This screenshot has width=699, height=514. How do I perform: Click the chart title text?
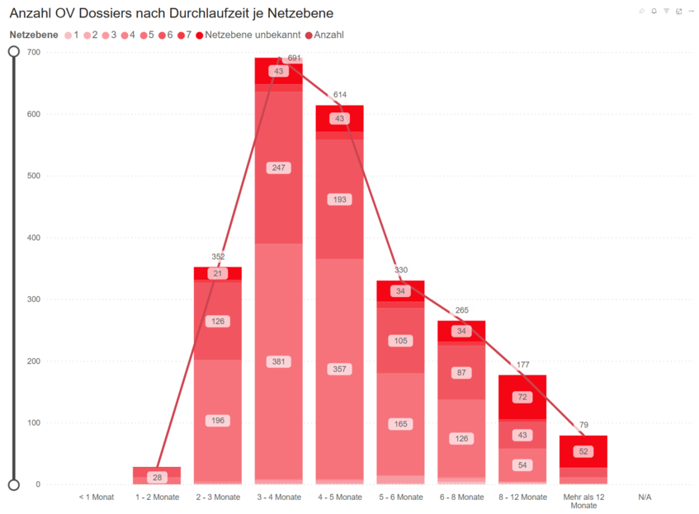(x=172, y=14)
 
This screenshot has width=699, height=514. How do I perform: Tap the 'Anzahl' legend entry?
(x=328, y=35)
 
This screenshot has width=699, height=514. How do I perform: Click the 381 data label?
(x=278, y=361)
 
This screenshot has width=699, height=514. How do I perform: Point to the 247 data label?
(x=278, y=167)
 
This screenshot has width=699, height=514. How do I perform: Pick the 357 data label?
(x=339, y=369)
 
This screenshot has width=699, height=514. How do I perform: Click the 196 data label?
(x=218, y=421)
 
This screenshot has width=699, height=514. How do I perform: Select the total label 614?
(x=340, y=95)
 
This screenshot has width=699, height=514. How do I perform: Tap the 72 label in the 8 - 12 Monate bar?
(x=522, y=397)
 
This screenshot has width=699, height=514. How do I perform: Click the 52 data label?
(x=583, y=451)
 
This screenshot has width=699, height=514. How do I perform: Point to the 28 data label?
(x=157, y=478)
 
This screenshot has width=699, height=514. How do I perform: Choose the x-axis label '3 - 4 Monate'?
(x=279, y=497)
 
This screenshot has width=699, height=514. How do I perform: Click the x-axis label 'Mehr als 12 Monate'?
(x=583, y=501)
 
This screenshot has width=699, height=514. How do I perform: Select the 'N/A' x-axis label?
(x=645, y=497)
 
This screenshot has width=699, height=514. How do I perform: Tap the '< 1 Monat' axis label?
(x=96, y=497)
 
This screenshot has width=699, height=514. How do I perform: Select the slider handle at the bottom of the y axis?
(x=13, y=484)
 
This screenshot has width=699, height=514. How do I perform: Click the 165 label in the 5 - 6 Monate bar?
(x=400, y=424)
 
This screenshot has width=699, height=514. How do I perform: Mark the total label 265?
(x=461, y=310)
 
